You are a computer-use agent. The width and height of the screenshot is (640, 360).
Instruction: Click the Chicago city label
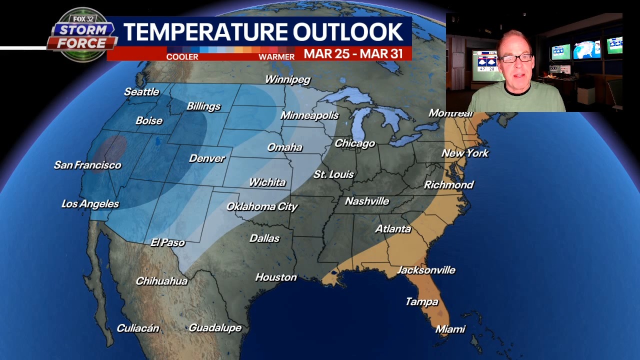click(x=354, y=143)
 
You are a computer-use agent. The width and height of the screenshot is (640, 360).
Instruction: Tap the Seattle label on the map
click(x=141, y=91)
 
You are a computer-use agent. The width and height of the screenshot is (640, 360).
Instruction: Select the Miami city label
click(x=450, y=329)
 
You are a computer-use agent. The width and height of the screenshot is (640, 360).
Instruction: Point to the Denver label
click(x=207, y=158)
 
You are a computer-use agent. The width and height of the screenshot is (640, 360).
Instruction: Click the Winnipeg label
click(x=287, y=79)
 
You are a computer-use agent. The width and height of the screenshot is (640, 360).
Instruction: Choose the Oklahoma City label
click(x=262, y=206)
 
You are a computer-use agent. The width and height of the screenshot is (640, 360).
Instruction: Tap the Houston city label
click(x=276, y=277)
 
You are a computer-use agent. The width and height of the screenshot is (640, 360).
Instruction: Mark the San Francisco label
click(x=87, y=165)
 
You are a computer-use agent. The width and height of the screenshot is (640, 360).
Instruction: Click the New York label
click(x=465, y=153)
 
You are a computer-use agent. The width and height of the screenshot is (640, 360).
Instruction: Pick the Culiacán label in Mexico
click(x=138, y=328)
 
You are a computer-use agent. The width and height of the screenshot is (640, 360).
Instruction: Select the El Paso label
click(x=167, y=242)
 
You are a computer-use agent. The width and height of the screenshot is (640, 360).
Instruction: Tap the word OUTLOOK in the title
click(x=348, y=32)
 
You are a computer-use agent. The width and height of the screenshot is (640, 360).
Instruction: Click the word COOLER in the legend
click(x=182, y=57)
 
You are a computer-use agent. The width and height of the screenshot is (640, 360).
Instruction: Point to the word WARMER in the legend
click(x=276, y=57)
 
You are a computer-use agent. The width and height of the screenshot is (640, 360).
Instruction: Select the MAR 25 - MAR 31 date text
click(x=353, y=53)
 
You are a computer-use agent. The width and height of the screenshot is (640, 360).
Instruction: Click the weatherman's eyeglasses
click(x=516, y=58)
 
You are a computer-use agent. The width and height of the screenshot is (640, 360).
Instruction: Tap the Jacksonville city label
click(x=426, y=270)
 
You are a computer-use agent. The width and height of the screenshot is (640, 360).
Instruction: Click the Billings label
click(x=203, y=106)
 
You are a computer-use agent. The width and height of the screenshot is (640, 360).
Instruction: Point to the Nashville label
click(x=367, y=201)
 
